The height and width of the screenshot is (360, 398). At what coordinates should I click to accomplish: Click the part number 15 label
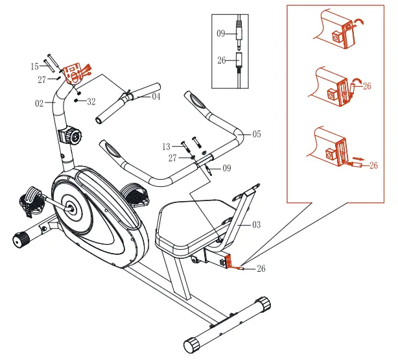pos(34,66)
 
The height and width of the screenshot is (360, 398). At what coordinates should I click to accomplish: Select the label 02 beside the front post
pos(40,102)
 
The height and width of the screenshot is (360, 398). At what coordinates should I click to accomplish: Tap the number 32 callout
pos(91,102)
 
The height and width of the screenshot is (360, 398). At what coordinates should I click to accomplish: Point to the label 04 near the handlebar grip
pos(156,97)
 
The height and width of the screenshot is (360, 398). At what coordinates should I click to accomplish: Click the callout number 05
pos(256,134)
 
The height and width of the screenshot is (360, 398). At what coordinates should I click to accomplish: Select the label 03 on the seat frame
pos(256,224)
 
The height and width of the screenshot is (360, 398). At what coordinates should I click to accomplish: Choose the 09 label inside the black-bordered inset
pos(221,32)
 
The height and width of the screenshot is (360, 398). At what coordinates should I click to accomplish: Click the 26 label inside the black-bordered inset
pos(221,60)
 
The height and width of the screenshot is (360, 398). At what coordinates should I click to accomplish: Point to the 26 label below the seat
pos(261,268)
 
